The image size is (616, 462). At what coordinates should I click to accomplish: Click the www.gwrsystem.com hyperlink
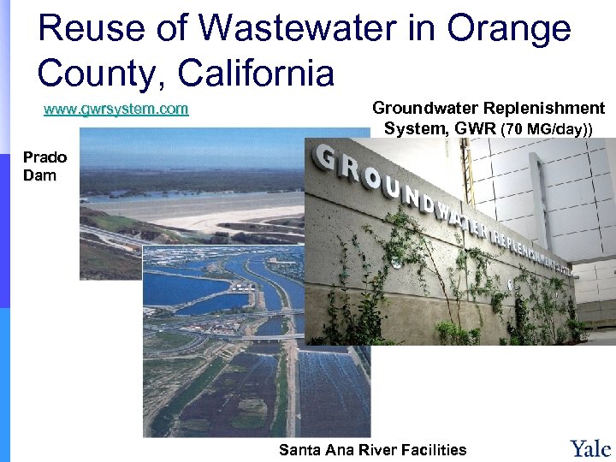coord(116,110)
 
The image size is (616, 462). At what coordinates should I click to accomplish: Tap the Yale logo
coord(590,447)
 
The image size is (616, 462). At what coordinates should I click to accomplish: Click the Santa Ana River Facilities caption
coord(373,449)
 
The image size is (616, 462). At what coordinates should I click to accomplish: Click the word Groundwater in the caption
coord(425,109)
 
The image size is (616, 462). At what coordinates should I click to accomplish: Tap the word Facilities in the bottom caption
coord(435,449)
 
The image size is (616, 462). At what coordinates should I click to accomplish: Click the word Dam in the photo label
coord(39,175)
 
